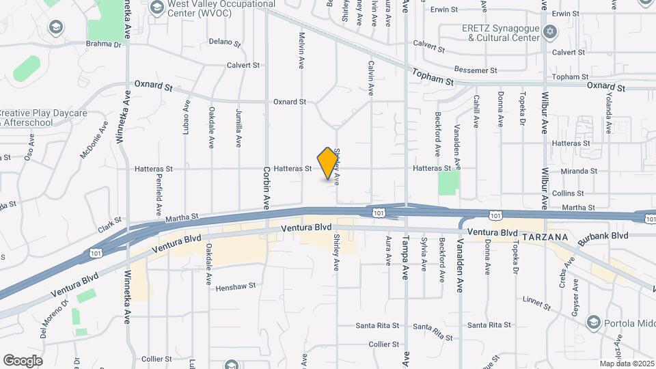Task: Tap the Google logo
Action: pos(23,361)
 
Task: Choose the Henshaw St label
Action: pos(235,287)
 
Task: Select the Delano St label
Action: pos(225,43)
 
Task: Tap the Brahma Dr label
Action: pos(103,45)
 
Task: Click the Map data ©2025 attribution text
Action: pos(627,364)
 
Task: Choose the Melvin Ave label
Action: pos(301,51)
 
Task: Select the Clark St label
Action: pos(109,224)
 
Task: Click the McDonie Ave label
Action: pos(94,140)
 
